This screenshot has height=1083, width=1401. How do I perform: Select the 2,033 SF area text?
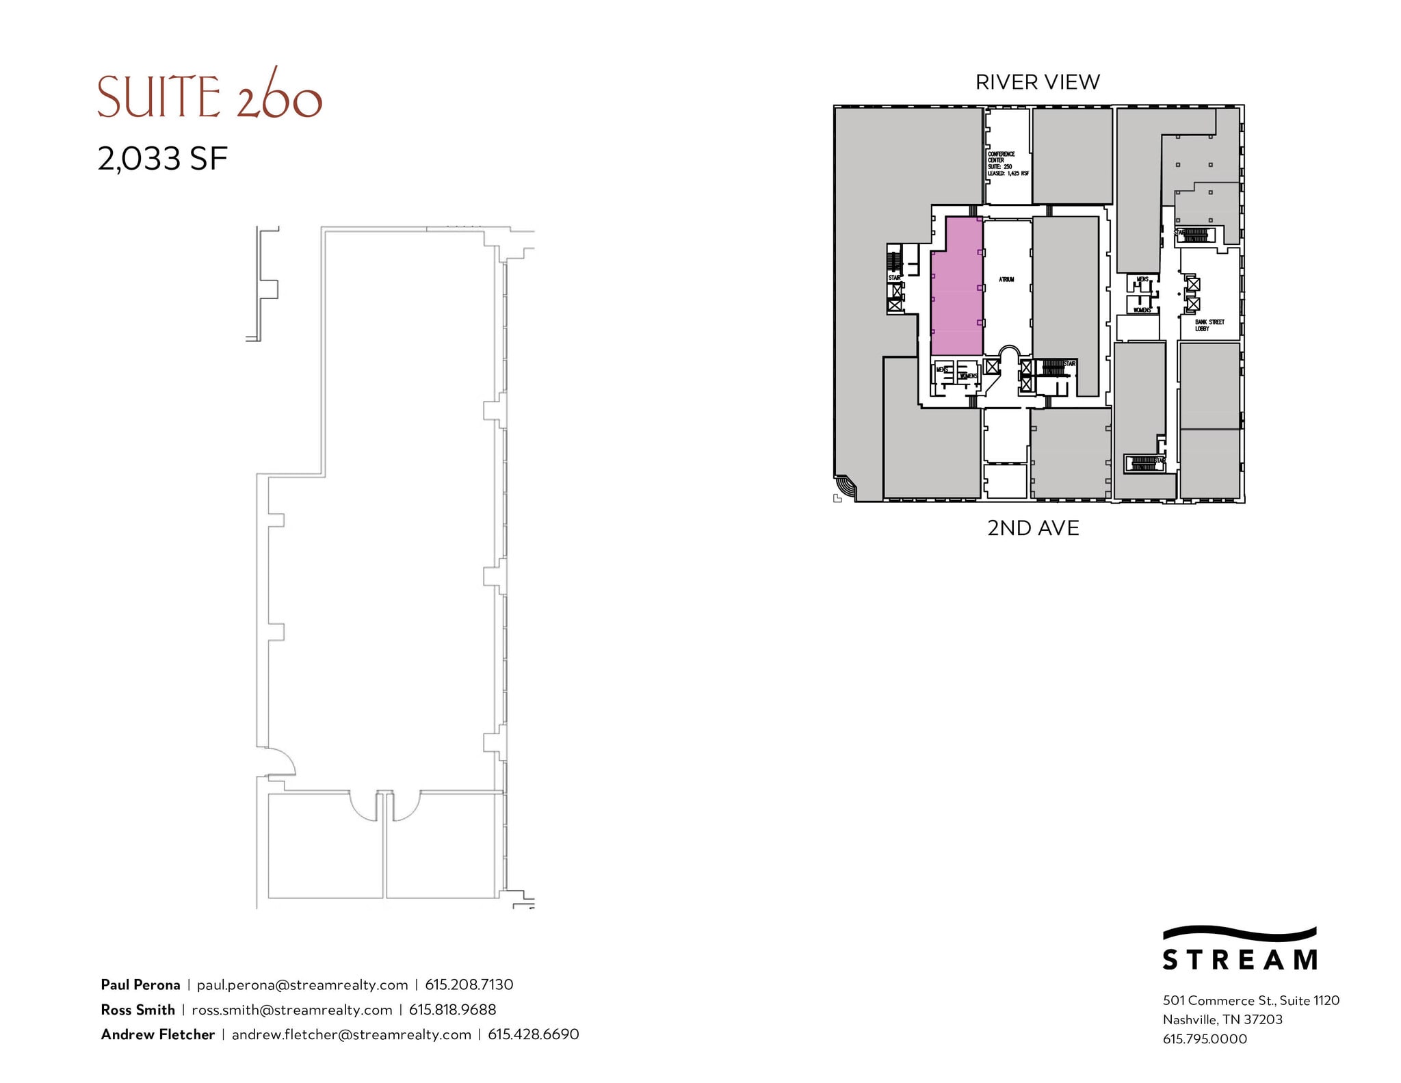[x=163, y=159]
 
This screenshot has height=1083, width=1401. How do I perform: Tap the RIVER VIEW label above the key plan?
[x=1037, y=82]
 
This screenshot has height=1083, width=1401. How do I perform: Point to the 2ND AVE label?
[x=1033, y=528]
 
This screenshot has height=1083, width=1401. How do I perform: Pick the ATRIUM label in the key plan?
[x=1006, y=279]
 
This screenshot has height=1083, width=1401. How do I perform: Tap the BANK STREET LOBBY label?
[x=1209, y=325]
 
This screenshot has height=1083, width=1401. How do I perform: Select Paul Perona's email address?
[x=302, y=984]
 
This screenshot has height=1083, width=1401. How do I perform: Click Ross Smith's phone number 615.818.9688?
[x=452, y=1009]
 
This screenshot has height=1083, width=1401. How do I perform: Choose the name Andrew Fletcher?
[x=158, y=1034]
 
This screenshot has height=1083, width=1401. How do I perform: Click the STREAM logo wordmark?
[x=1240, y=959]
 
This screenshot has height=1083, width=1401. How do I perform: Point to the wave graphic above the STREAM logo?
[x=1240, y=933]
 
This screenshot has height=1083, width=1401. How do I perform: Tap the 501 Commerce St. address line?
[x=1251, y=1000]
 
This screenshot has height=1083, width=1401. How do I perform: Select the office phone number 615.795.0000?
[x=1205, y=1039]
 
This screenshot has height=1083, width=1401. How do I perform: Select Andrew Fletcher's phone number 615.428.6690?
[x=533, y=1034]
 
